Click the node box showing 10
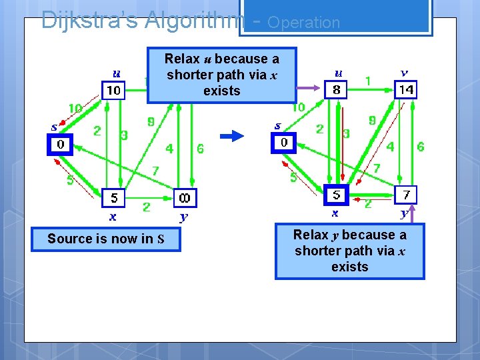pyautogui.click(x=113, y=90)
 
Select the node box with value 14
pyautogui.click(x=406, y=89)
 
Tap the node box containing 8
pyautogui.click(x=336, y=89)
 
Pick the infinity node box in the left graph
pyautogui.click(x=185, y=198)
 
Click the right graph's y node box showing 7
pyautogui.click(x=405, y=195)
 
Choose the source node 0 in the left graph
pyautogui.click(x=60, y=145)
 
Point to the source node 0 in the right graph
pyautogui.click(x=284, y=143)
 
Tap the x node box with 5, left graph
pyautogui.click(x=113, y=198)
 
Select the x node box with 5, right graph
pyautogui.click(x=337, y=195)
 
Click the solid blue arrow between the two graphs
pyautogui.click(x=233, y=136)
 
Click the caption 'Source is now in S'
pyautogui.click(x=106, y=239)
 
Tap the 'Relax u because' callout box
pyautogui.click(x=221, y=75)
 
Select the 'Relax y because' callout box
pyautogui.click(x=349, y=251)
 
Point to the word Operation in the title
pyautogui.click(x=303, y=22)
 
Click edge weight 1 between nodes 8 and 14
pyautogui.click(x=368, y=80)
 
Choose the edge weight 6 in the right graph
pyautogui.click(x=420, y=147)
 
